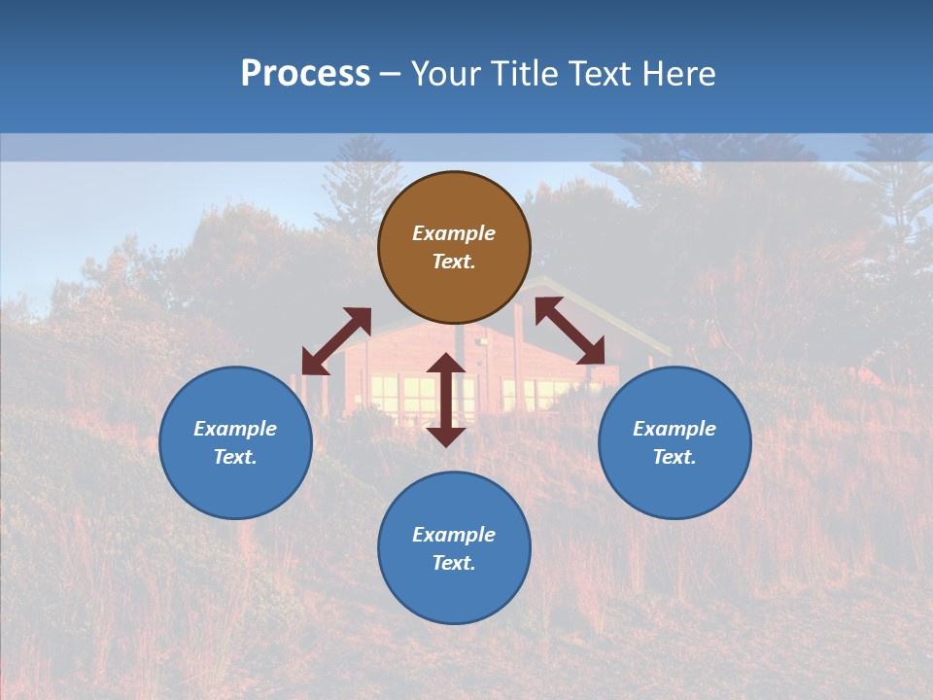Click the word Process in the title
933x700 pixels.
[305, 74]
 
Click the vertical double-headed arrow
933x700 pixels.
[446, 400]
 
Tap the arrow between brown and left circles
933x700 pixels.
[336, 341]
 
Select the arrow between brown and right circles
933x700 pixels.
[570, 332]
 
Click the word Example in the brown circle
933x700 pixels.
[454, 233]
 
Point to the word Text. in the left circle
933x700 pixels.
[235, 457]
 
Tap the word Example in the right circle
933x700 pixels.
[674, 429]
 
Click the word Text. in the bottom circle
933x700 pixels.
[454, 563]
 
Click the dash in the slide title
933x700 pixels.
[390, 75]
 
